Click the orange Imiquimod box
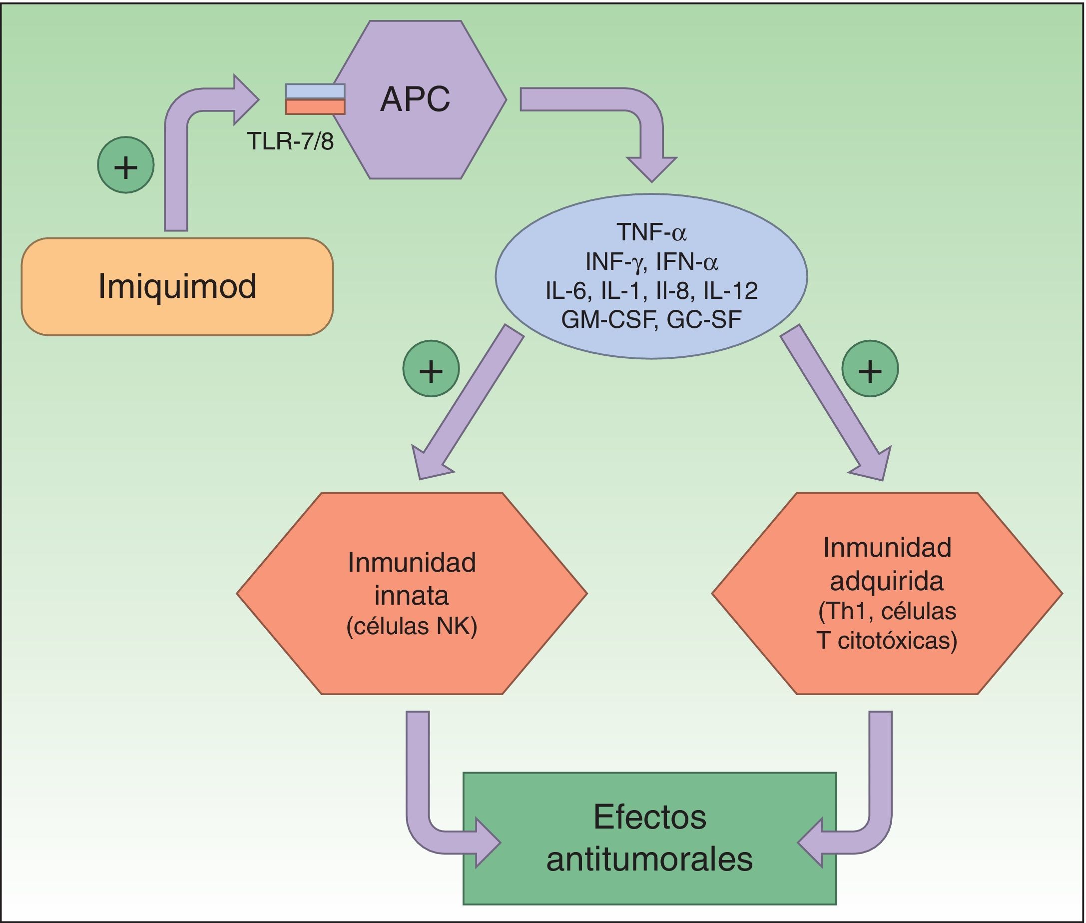177,286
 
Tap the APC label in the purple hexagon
415,98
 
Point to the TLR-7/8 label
290,141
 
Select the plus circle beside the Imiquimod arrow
125,165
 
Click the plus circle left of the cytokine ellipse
431,368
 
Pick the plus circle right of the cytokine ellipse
870,368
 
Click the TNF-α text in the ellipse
651,231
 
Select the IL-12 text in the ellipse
730,290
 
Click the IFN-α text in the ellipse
687,261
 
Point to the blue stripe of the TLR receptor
315,91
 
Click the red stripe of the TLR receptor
315,107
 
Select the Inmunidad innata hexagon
412,593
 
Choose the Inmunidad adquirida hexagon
887,593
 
